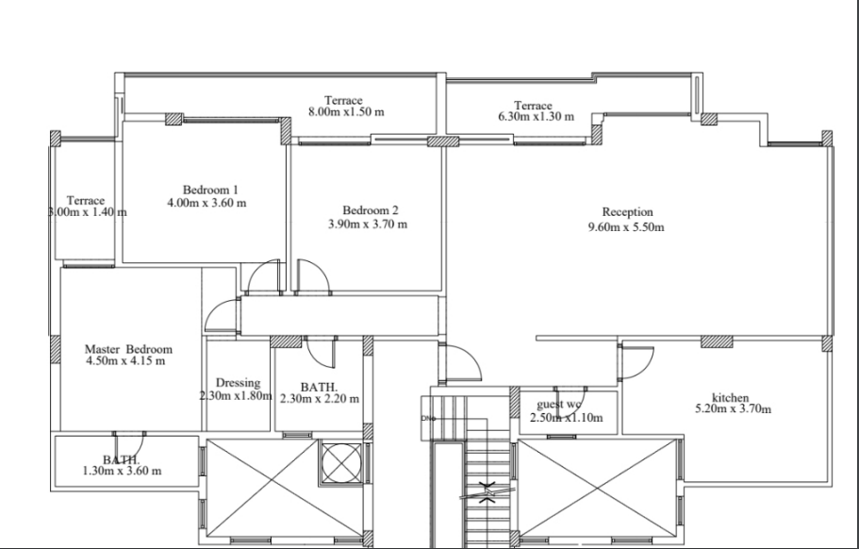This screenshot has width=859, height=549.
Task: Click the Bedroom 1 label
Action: (210, 191)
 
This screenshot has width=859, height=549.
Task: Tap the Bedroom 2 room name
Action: (371, 210)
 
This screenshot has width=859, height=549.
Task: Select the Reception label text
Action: (627, 212)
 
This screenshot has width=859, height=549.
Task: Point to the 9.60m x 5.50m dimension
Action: (626, 226)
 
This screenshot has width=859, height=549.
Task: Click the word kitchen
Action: (730, 397)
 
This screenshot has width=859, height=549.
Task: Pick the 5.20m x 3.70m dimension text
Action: (733, 408)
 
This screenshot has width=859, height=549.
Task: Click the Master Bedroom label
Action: (128, 349)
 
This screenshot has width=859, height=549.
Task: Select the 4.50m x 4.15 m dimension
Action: (125, 361)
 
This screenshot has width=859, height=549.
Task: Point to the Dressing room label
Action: (238, 383)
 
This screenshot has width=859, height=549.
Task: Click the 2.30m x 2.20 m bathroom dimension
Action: (320, 399)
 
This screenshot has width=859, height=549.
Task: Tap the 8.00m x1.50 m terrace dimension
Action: (346, 111)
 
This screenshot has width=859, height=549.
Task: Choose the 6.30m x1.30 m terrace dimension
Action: (536, 117)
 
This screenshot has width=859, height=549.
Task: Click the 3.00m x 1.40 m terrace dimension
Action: (88, 212)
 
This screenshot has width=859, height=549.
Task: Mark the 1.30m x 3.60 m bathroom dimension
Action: (122, 471)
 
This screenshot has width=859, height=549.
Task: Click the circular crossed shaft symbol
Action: (341, 463)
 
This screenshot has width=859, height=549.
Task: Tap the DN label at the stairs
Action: (428, 419)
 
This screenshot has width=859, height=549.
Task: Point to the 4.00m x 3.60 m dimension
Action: (206, 203)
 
